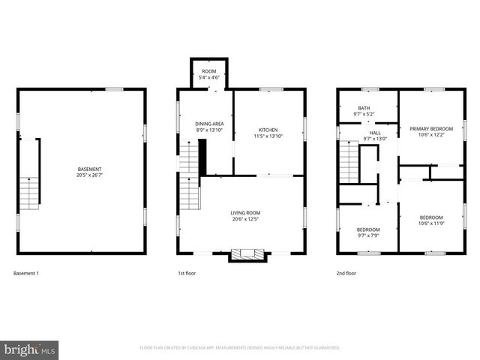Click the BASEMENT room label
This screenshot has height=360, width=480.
point(89,169)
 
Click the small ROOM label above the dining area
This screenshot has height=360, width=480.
point(208,70)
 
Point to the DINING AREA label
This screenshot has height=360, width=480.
point(209,124)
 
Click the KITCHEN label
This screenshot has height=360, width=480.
point(268,130)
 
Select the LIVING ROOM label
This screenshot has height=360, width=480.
point(245,213)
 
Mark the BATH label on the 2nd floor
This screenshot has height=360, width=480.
point(364,108)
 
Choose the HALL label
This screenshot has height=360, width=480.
point(375,132)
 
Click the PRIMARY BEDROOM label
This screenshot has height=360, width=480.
point(430,128)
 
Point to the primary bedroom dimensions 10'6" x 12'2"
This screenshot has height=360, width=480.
point(430,136)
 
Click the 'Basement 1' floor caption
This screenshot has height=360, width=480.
point(26,274)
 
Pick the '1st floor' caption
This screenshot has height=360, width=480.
point(187,274)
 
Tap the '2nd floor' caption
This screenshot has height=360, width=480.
point(346,274)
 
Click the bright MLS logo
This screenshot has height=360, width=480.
point(30,349)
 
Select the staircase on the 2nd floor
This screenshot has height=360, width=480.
point(349,165)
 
